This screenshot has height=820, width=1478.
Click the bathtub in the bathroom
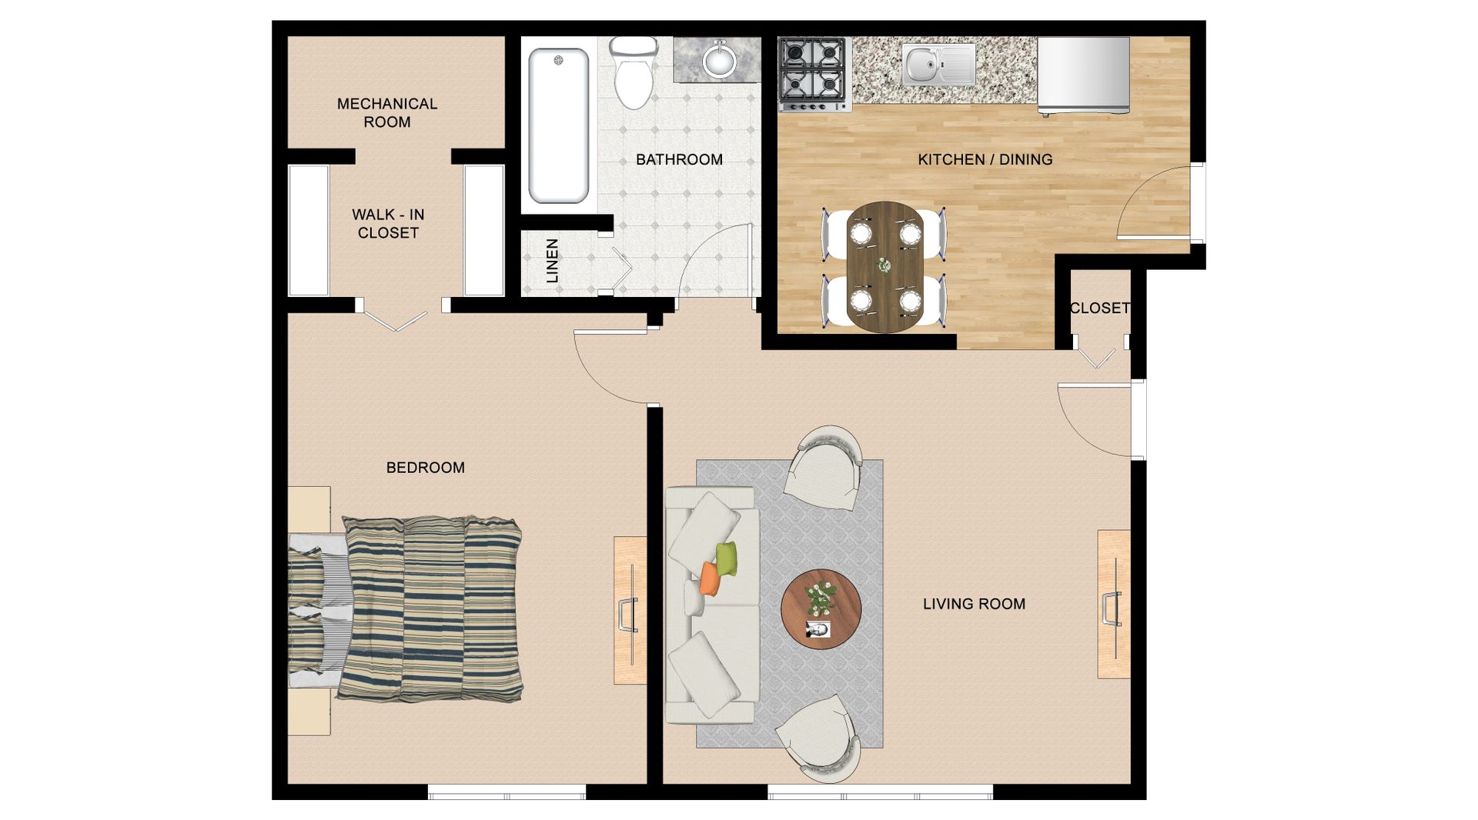click(x=559, y=125)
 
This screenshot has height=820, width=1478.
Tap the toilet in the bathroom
click(x=633, y=73)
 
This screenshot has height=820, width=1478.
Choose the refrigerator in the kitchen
click(x=1083, y=75)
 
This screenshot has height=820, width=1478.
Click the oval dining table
click(x=885, y=266)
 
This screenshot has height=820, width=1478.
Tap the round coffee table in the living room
click(x=821, y=609)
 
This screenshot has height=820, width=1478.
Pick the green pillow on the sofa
click(x=727, y=558)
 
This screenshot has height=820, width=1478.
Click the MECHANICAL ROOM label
click(x=387, y=112)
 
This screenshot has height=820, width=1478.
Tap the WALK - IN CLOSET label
click(x=388, y=223)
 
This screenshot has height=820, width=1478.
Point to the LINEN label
click(x=552, y=261)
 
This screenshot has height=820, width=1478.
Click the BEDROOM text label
click(x=425, y=467)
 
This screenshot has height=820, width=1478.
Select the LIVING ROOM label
click(x=974, y=604)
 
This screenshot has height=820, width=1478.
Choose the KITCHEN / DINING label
click(x=985, y=159)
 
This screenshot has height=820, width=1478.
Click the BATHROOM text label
click(x=679, y=159)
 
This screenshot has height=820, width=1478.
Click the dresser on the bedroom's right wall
click(x=630, y=610)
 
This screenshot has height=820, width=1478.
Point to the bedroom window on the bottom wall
click(x=507, y=792)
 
